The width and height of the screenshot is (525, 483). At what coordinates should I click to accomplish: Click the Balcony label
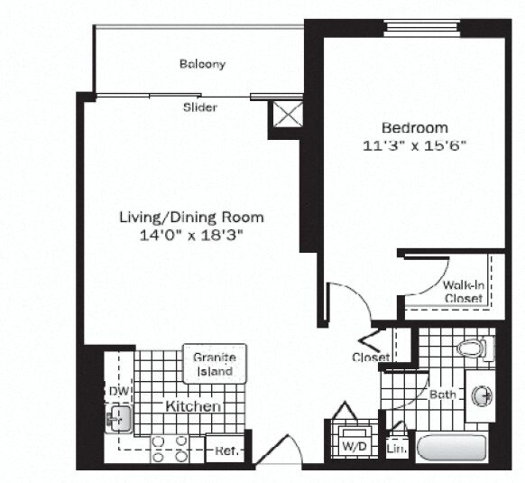201,64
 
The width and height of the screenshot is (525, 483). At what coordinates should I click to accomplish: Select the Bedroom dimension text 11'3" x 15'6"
413,144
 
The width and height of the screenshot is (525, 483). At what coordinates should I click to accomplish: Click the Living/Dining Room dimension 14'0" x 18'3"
191,234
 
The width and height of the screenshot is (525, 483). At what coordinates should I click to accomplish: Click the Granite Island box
214,364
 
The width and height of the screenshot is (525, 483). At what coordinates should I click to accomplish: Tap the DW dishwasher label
117,392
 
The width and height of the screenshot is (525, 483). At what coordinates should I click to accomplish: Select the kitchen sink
118,417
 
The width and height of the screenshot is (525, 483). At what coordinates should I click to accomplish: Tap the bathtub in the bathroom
452,448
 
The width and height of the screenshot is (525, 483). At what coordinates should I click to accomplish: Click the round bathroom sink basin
482,395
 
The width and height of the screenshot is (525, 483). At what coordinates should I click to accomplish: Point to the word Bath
442,395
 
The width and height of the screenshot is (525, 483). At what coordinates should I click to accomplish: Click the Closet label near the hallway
370,358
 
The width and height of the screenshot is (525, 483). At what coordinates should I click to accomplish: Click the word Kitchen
192,407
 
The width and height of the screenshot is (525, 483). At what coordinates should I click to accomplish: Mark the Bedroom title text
413,127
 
